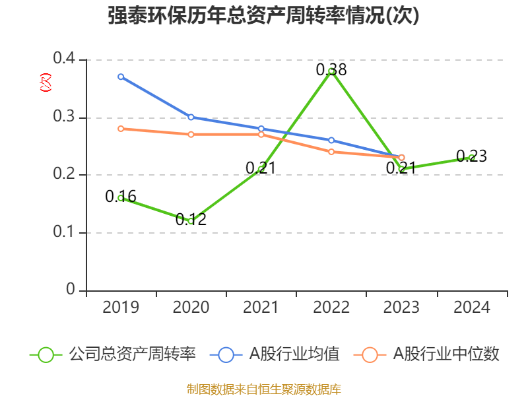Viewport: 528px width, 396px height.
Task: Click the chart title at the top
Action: tap(263, 15)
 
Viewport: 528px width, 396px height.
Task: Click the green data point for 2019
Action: tap(121, 198)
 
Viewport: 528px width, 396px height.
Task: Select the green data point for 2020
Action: tap(191, 221)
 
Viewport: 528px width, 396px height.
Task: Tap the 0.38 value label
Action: tap(331, 69)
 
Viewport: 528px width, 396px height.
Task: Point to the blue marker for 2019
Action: tap(121, 77)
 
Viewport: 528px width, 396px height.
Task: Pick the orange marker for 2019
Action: tap(121, 129)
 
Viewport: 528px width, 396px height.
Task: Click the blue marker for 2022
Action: tap(331, 140)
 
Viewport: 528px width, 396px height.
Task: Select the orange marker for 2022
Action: tap(331, 152)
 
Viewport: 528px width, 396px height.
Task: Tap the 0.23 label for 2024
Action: tap(471, 156)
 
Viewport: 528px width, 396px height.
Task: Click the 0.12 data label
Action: tap(191, 220)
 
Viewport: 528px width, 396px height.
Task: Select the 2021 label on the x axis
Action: tap(261, 308)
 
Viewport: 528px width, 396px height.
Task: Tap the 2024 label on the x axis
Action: tap(471, 308)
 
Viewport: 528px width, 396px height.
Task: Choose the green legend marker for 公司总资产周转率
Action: tap(46, 354)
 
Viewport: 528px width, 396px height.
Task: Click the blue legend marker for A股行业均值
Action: tap(226, 354)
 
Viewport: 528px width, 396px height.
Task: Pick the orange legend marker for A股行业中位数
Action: tap(370, 354)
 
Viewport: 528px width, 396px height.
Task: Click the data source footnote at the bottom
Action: tap(263, 389)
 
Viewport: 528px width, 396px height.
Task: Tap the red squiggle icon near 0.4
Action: tap(45, 82)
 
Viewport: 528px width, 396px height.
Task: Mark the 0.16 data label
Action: tap(121, 196)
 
